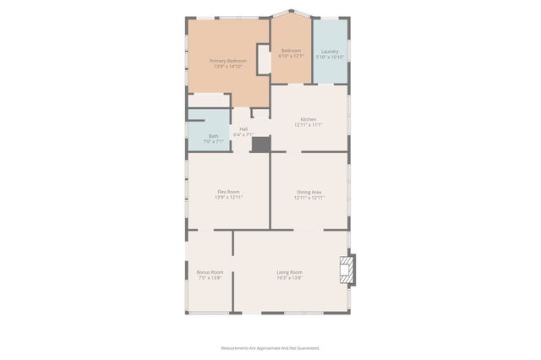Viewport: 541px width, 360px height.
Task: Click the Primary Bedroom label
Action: tap(228, 61)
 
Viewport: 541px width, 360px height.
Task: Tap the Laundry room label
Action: tap(330, 52)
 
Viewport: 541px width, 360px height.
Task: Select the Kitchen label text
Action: tap(309, 119)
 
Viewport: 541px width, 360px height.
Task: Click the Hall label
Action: tap(243, 128)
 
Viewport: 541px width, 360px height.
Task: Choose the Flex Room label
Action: tap(228, 192)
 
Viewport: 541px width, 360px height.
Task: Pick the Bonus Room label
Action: tap(210, 272)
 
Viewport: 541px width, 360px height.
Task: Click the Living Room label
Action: tap(289, 272)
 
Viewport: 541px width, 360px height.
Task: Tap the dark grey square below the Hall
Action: tap(261, 145)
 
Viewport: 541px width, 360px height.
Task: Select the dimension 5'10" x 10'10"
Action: tap(330, 57)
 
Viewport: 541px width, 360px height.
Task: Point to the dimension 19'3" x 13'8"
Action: tap(289, 278)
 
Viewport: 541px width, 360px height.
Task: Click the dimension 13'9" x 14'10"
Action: tap(228, 67)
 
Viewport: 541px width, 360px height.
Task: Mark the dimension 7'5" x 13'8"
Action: tap(210, 278)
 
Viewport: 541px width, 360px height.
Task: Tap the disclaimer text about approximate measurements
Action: tap(270, 347)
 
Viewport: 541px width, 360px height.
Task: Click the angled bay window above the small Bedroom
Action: tap(292, 14)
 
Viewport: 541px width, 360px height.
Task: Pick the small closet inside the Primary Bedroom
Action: tap(264, 61)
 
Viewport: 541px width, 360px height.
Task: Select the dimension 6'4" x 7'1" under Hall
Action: tap(243, 134)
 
